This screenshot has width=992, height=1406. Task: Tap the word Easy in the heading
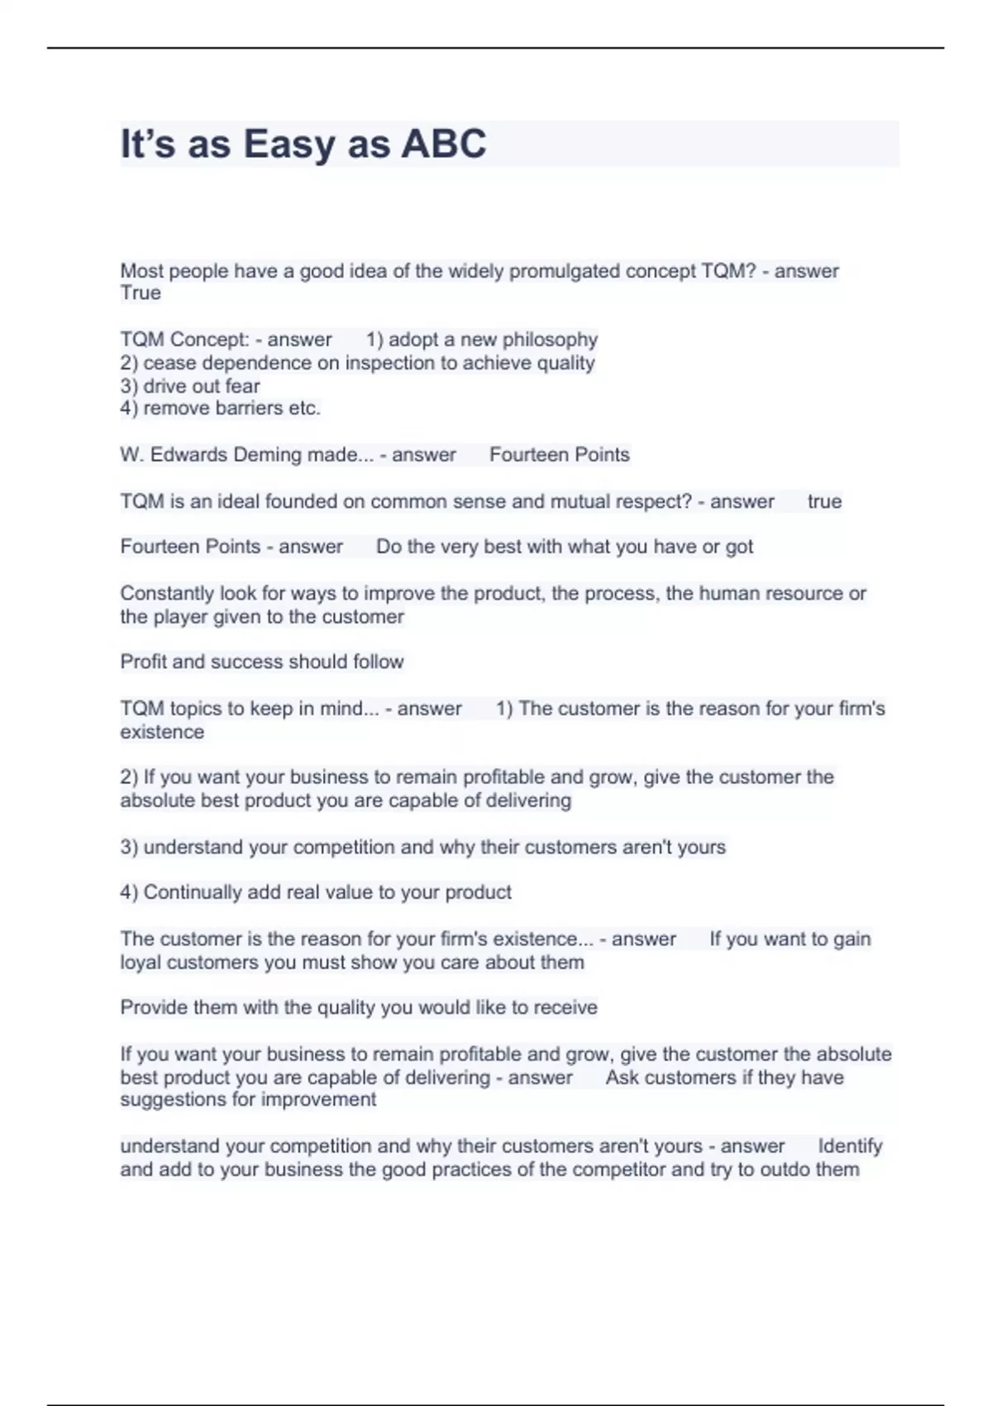click(289, 144)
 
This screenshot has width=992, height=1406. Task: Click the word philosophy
click(550, 340)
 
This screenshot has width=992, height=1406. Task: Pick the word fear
click(242, 386)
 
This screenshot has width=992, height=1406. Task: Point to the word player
click(180, 617)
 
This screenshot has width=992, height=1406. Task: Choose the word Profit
click(143, 662)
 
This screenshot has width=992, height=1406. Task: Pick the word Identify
click(850, 1146)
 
